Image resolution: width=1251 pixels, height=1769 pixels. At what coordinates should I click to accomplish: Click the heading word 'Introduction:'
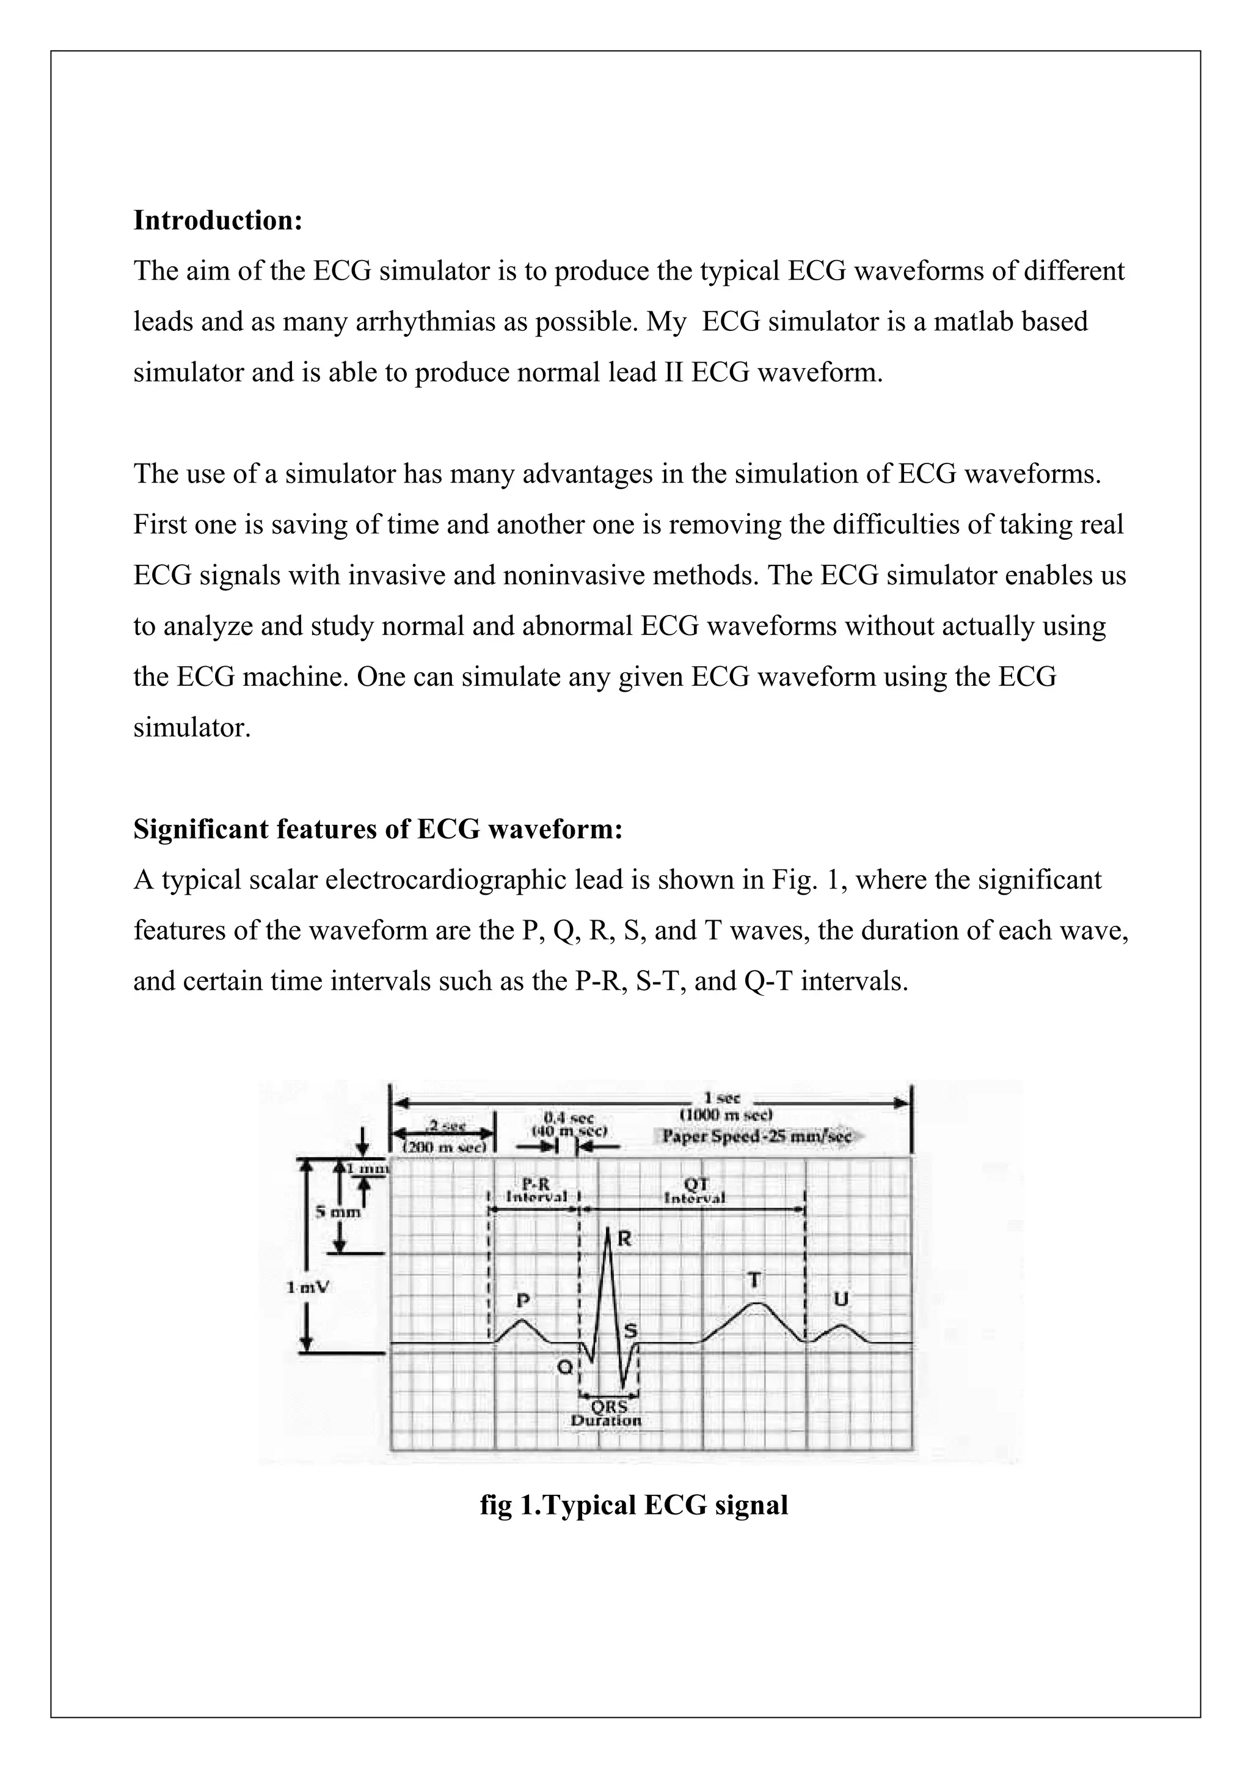tap(218, 220)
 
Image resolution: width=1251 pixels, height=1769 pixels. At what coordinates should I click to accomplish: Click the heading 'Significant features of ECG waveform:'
tap(377, 829)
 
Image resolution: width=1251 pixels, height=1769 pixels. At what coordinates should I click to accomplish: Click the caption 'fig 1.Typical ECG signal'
tap(633, 1504)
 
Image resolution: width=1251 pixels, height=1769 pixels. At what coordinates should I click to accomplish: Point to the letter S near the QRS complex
tap(630, 1331)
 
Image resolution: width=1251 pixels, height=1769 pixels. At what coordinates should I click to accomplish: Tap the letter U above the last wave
tap(841, 1300)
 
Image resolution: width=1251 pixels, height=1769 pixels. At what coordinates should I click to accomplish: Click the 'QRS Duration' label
tap(607, 1414)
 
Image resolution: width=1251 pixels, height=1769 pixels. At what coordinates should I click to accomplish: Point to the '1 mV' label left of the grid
tap(308, 1287)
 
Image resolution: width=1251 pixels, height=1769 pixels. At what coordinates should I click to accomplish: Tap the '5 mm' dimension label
tap(338, 1211)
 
